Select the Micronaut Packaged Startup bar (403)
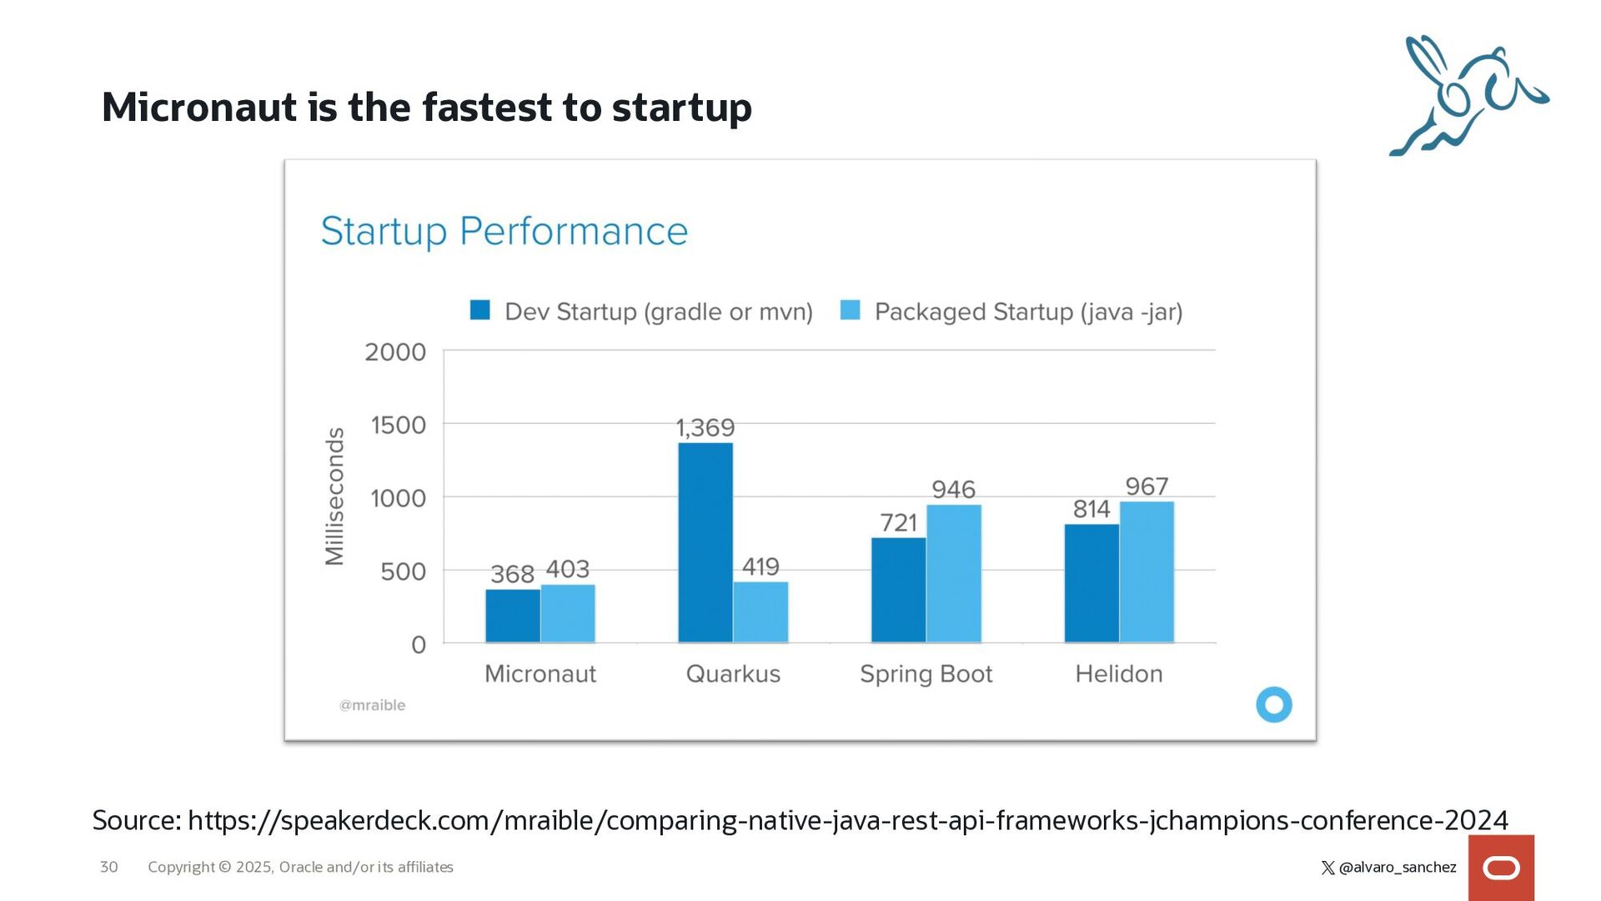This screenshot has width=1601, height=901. click(x=568, y=613)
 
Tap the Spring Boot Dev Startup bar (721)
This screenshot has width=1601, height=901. click(x=898, y=590)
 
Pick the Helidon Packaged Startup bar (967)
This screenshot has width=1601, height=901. click(x=1147, y=571)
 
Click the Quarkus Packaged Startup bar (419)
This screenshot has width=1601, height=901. click(x=760, y=612)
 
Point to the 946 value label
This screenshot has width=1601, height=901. click(x=953, y=490)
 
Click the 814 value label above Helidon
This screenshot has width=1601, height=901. click(x=1091, y=509)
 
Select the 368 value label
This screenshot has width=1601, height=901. click(x=512, y=574)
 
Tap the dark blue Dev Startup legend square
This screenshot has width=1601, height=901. click(x=480, y=310)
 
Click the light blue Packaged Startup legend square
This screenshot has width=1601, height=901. click(x=850, y=310)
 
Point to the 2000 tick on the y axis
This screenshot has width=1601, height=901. click(x=395, y=352)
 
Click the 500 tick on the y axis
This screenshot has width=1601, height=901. click(x=403, y=571)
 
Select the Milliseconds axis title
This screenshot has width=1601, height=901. click(x=334, y=496)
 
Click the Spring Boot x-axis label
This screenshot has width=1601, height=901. click(x=926, y=673)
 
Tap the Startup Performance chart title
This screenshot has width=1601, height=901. click(x=504, y=231)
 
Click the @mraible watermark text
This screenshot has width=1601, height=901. click(x=372, y=705)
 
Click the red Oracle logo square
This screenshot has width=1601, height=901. click(x=1501, y=868)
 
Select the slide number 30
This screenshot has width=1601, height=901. click(x=108, y=867)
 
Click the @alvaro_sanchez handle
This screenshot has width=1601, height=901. click(x=1397, y=868)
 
